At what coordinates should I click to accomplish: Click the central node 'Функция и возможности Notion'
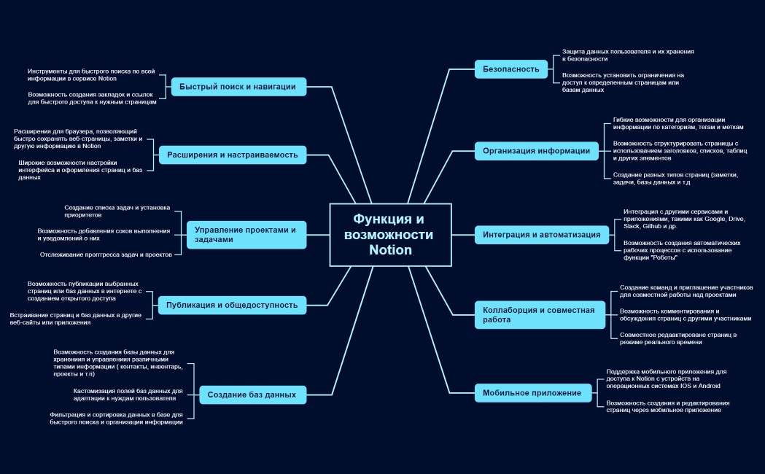coord(390,235)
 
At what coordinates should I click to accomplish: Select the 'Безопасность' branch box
coord(510,69)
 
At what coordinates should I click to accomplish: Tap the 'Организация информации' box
coord(536,151)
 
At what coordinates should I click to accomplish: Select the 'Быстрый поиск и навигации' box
coord(238,87)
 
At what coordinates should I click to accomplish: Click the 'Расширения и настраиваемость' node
coord(233,155)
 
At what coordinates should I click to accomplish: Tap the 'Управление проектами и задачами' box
coord(245,234)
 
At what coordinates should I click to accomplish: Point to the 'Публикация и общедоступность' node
coord(232,305)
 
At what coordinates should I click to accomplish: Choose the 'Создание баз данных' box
coord(252,395)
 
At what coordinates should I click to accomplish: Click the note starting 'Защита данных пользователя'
coord(628,55)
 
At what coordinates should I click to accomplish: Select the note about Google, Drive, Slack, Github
coord(685,219)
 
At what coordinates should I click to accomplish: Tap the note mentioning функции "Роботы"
coord(682,249)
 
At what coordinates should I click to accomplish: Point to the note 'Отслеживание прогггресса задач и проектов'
coord(106,255)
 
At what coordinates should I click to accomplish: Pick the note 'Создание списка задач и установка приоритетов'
coord(117,211)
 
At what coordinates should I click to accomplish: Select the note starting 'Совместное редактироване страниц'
coord(677,338)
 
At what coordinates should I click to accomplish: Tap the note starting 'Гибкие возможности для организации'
coord(668,123)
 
